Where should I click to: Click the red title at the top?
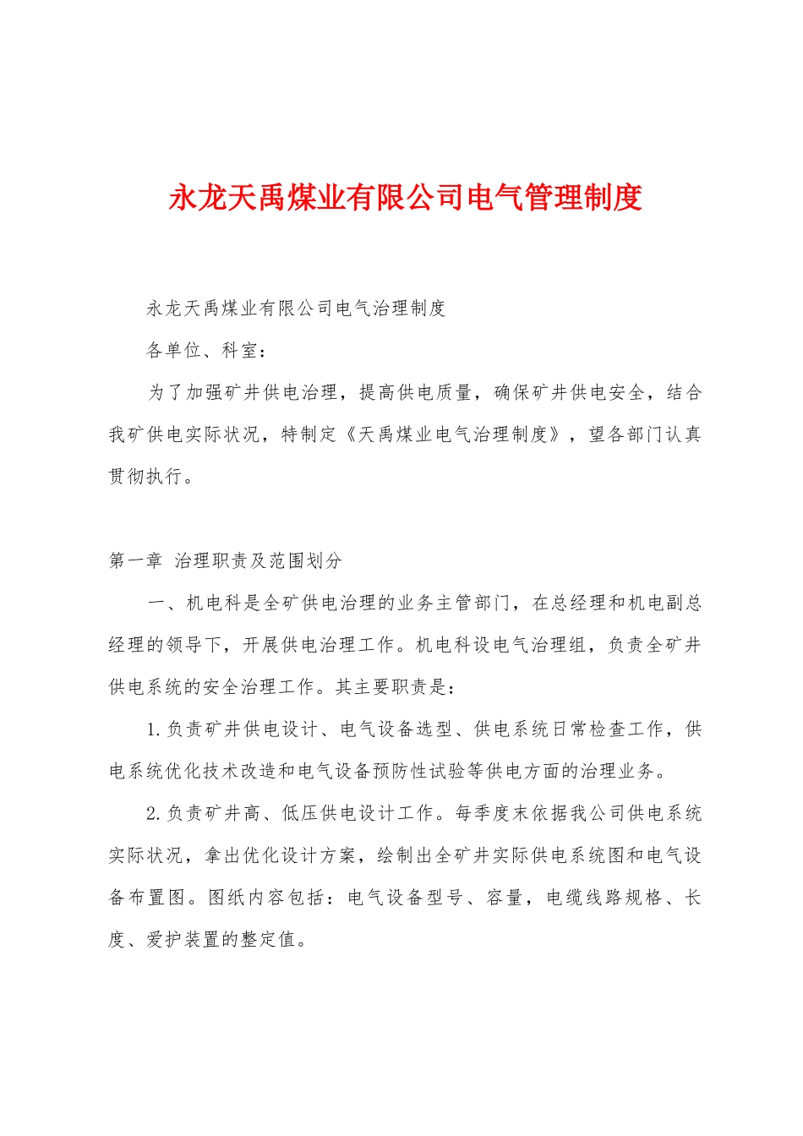tap(406, 198)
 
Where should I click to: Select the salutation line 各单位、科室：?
tap(207, 350)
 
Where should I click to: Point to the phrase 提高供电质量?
tap(416, 392)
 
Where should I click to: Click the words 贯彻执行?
tap(146, 477)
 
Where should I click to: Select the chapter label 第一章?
tap(135, 560)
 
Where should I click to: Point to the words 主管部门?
tap(473, 603)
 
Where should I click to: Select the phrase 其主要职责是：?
tap(396, 687)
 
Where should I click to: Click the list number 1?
tap(153, 729)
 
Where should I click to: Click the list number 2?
tap(153, 813)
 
